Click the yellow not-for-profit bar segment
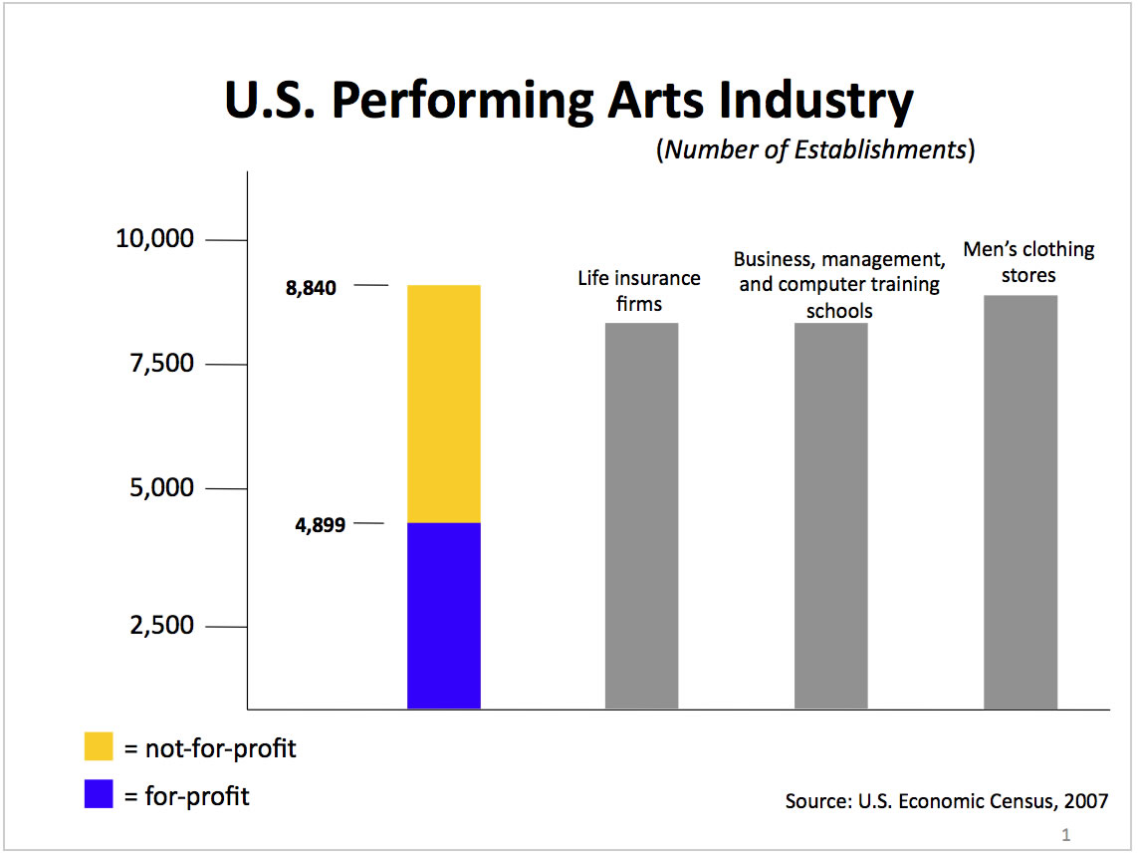click(444, 404)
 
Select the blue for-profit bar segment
click(444, 615)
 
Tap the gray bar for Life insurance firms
click(641, 515)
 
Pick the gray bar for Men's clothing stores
click(1021, 501)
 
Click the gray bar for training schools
click(830, 515)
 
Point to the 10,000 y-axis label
click(153, 239)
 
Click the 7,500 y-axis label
click(160, 364)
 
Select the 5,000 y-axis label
click(160, 488)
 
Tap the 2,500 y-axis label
click(160, 626)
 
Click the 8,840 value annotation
click(311, 288)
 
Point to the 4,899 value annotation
click(320, 524)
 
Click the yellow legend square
click(99, 747)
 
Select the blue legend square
click(99, 794)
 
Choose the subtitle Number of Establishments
click(815, 149)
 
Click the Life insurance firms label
click(639, 290)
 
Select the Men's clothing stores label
click(1028, 261)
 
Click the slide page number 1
click(1066, 834)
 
